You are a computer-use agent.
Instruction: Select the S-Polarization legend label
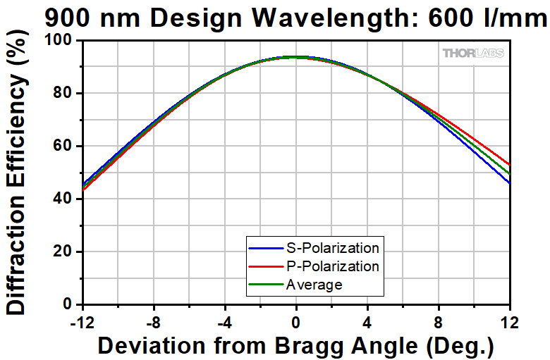coord(332,248)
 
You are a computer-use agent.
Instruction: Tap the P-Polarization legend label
coord(332,266)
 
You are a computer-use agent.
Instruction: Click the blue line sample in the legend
coord(264,248)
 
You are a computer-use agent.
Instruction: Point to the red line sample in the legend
coord(264,266)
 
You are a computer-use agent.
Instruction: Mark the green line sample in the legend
coord(264,285)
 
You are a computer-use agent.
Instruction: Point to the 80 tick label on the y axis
coord(64,93)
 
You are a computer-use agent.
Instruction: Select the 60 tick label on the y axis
coord(64,146)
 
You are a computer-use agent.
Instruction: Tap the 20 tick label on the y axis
coord(64,252)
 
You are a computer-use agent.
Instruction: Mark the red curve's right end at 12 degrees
coord(509,164)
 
